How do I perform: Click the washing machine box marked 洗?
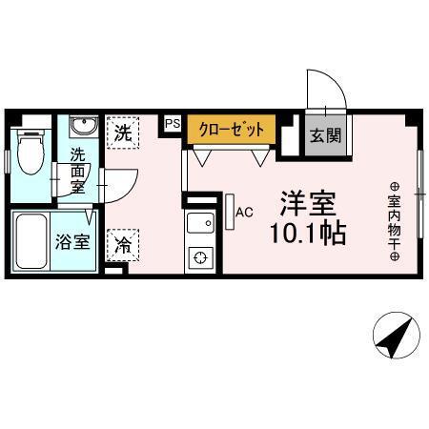coord(123,133)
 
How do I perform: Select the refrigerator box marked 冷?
coord(123,245)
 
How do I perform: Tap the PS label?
coord(173,123)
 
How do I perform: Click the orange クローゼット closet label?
coord(232,130)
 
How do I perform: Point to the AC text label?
coord(244,212)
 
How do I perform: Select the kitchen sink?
coord(200,224)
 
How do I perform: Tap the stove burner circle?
coord(200,256)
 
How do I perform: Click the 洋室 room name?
coord(306,203)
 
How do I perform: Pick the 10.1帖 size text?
coord(306,233)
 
